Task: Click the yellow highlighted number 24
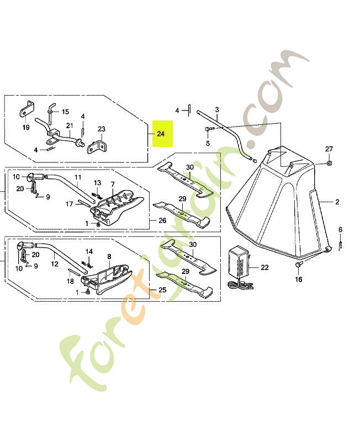(x=161, y=134)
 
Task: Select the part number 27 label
(x=329, y=150)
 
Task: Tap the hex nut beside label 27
(x=329, y=163)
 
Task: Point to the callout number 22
(x=264, y=268)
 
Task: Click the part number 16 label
(x=298, y=280)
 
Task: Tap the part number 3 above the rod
(x=217, y=109)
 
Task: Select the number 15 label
(x=65, y=112)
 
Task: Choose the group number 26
(x=162, y=220)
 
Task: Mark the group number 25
(x=162, y=290)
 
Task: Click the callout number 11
(x=78, y=177)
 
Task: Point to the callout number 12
(x=55, y=264)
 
